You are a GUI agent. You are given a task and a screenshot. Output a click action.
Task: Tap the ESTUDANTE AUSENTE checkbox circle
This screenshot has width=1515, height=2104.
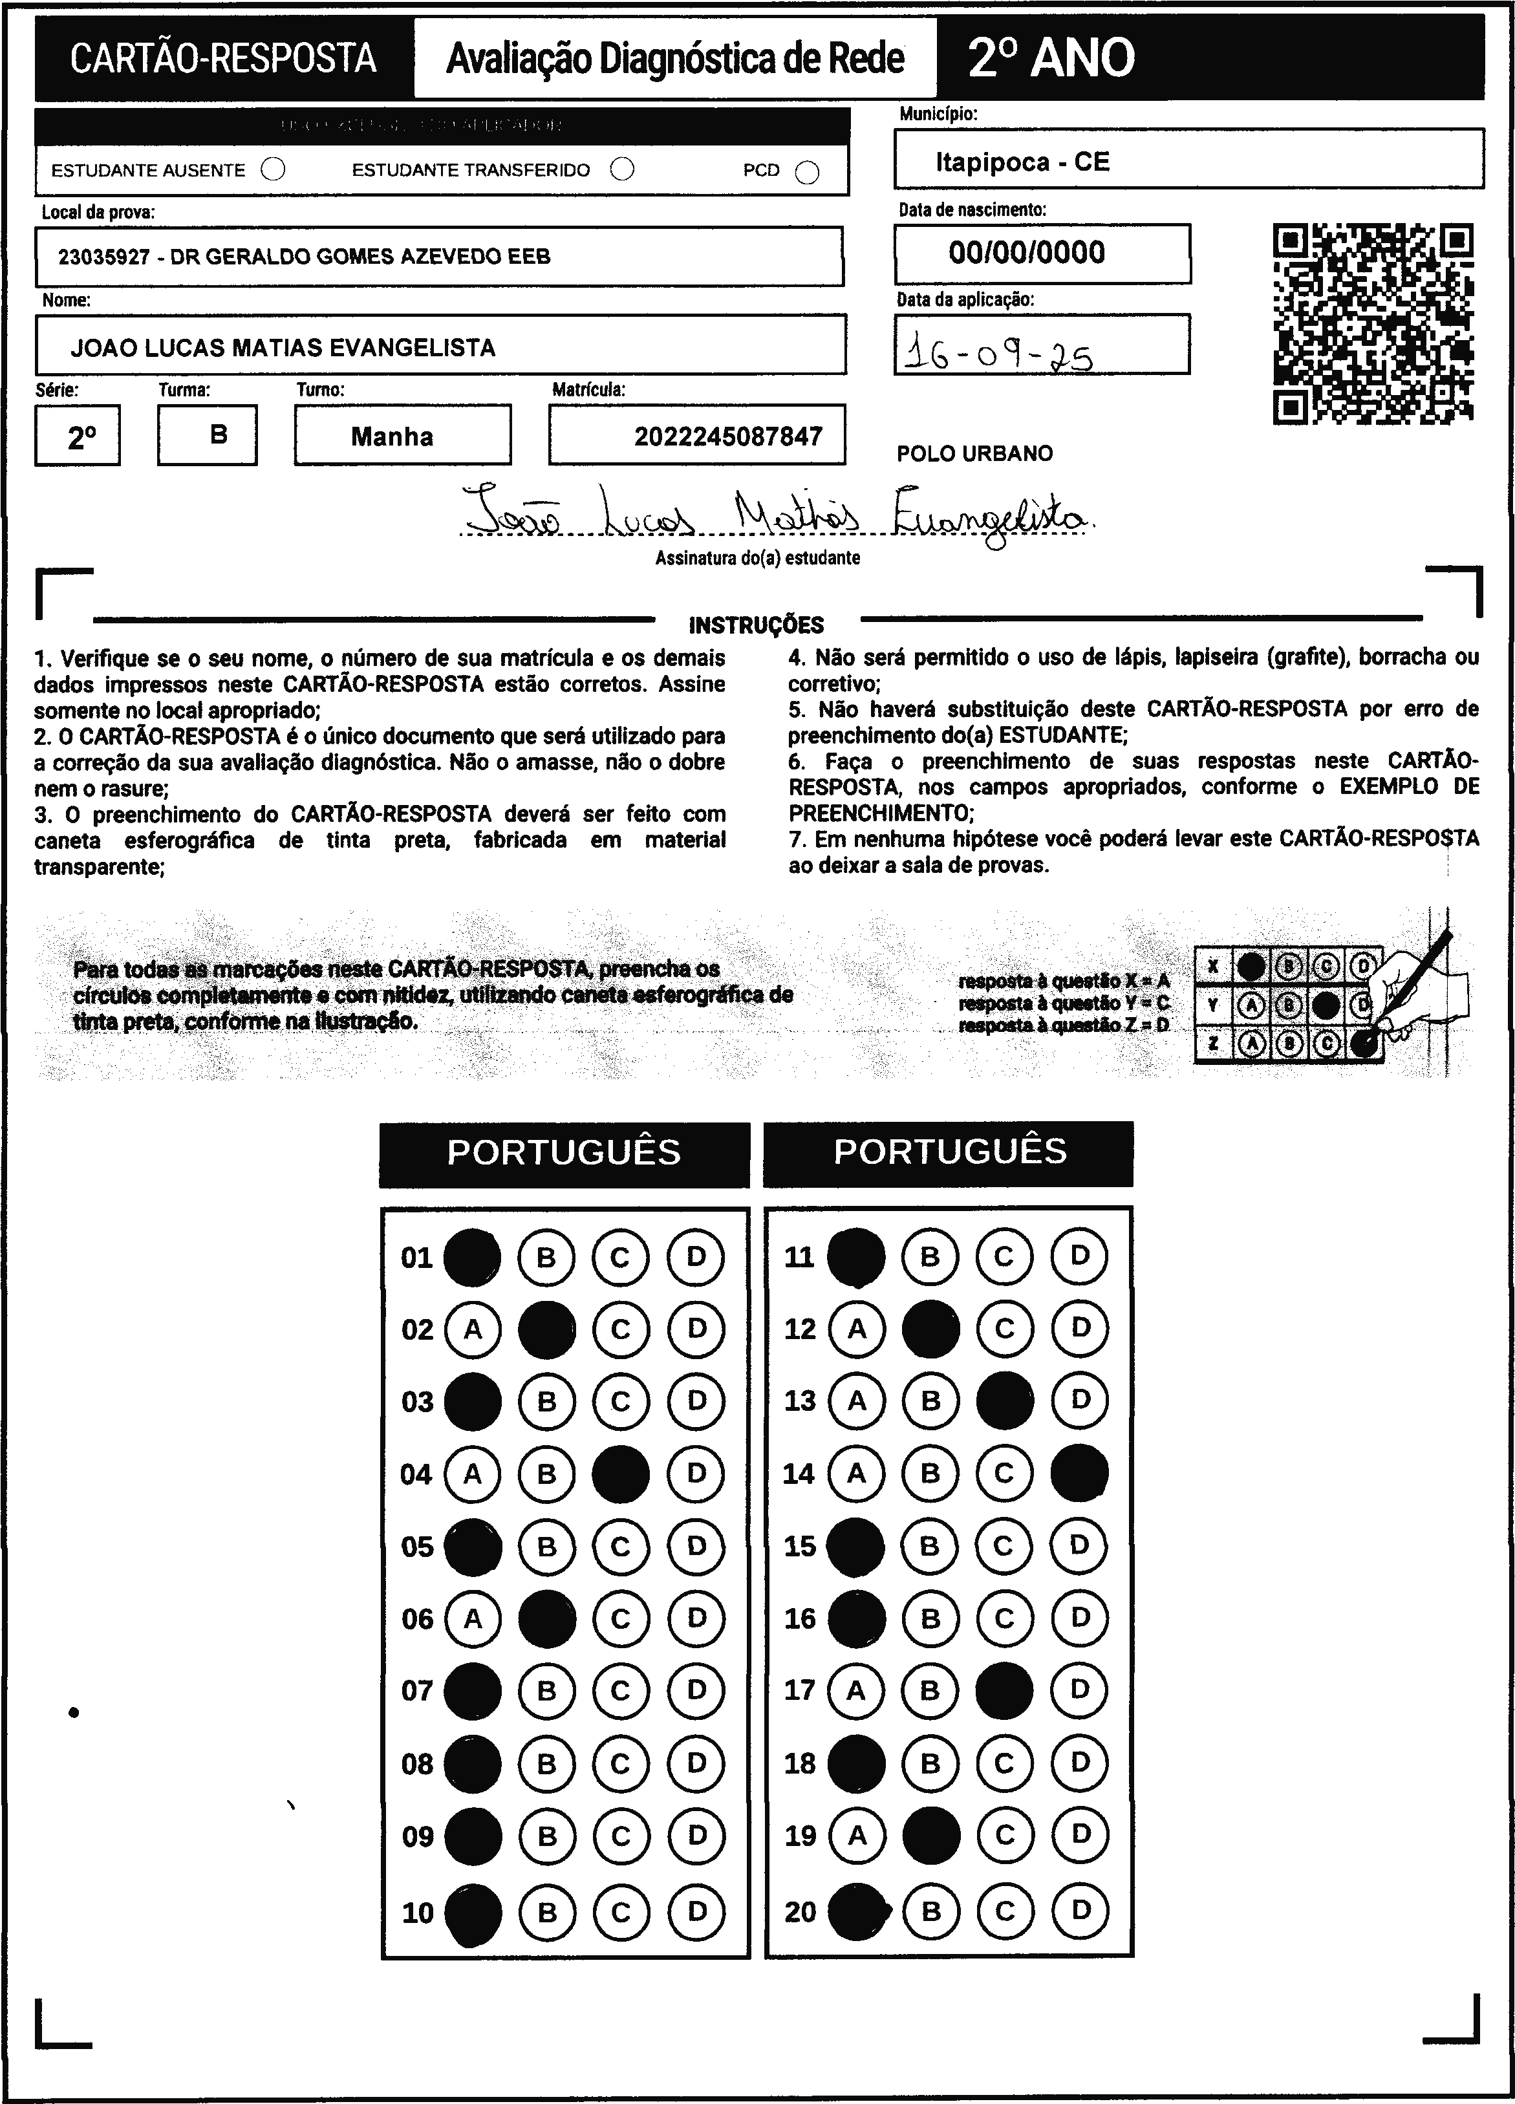pyautogui.click(x=274, y=170)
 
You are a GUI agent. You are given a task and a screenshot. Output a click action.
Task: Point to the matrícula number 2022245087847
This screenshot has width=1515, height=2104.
pyautogui.click(x=728, y=436)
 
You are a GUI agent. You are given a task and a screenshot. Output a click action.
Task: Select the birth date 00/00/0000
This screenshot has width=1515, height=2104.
pyautogui.click(x=1026, y=252)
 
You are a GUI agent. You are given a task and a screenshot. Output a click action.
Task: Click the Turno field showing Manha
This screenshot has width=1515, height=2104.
pyautogui.click(x=392, y=436)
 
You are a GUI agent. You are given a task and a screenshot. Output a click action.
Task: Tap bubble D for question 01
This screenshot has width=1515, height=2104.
pyautogui.click(x=696, y=1257)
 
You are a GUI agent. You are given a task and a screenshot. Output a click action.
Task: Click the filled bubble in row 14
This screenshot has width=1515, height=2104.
pyautogui.click(x=1080, y=1472)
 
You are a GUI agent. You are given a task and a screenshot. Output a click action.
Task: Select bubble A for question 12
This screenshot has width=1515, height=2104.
pyautogui.click(x=856, y=1329)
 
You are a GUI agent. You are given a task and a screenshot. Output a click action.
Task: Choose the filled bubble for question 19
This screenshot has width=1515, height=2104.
pyautogui.click(x=930, y=1835)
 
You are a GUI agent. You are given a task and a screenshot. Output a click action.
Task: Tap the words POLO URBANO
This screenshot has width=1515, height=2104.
pyautogui.click(x=974, y=454)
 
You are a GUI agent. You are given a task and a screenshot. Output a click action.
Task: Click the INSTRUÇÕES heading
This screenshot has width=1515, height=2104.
pyautogui.click(x=756, y=625)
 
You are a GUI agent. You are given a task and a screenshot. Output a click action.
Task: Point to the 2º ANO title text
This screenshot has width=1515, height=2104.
pyautogui.click(x=1051, y=58)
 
